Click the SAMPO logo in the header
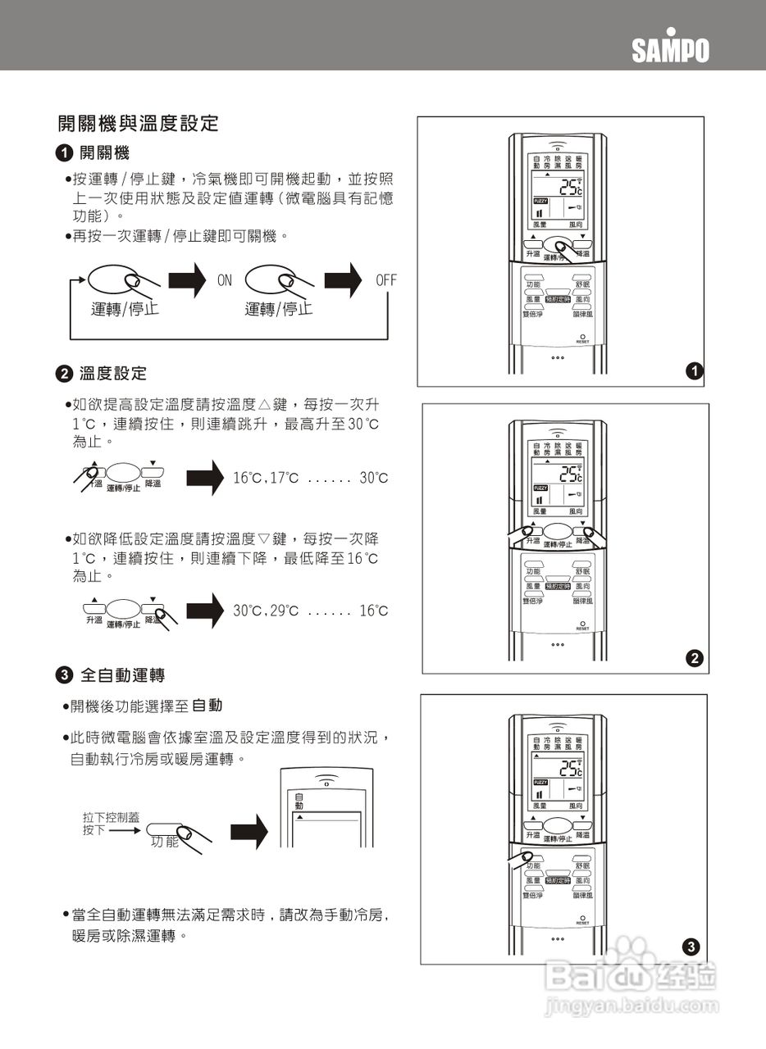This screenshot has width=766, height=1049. tap(670, 49)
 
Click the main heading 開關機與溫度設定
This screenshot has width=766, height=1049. tap(138, 124)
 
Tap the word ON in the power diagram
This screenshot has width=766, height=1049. tap(225, 280)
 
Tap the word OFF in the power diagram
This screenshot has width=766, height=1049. tap(385, 280)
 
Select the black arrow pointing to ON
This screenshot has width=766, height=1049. tap(186, 281)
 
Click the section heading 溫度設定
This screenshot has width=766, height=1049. tap(113, 374)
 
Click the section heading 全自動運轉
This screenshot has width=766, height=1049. tap(122, 675)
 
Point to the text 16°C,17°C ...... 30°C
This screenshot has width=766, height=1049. tap(310, 478)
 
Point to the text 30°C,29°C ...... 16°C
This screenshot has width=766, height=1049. tap(310, 611)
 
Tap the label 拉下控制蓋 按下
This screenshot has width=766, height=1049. tap(111, 824)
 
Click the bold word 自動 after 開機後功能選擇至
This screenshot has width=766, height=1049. tap(207, 706)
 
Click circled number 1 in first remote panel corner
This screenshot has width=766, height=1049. tap(694, 371)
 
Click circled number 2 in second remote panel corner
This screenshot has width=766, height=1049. tap(694, 658)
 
